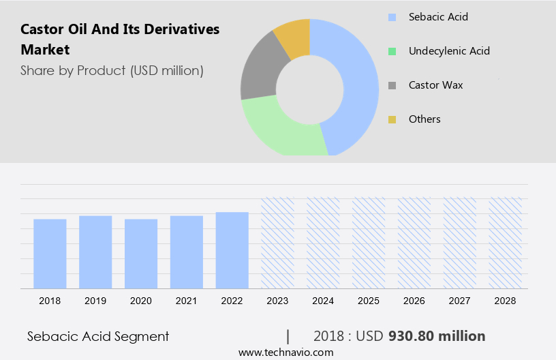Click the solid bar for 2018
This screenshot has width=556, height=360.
click(50, 254)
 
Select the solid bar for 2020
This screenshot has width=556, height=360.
click(141, 254)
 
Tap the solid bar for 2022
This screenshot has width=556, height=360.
click(232, 250)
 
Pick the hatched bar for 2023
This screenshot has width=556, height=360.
click(278, 243)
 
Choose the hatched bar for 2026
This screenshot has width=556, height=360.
click(414, 243)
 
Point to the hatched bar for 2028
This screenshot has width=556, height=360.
click(506, 243)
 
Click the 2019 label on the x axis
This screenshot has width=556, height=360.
click(95, 300)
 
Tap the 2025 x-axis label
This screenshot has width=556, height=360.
click(369, 300)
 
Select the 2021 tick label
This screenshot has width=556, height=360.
click(187, 300)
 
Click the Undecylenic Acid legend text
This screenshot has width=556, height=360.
click(449, 51)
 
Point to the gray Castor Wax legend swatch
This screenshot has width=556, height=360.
click(392, 85)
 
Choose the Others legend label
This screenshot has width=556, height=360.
click(424, 119)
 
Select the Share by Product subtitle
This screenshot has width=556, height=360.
click(112, 70)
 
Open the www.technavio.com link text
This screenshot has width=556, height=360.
click(285, 352)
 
